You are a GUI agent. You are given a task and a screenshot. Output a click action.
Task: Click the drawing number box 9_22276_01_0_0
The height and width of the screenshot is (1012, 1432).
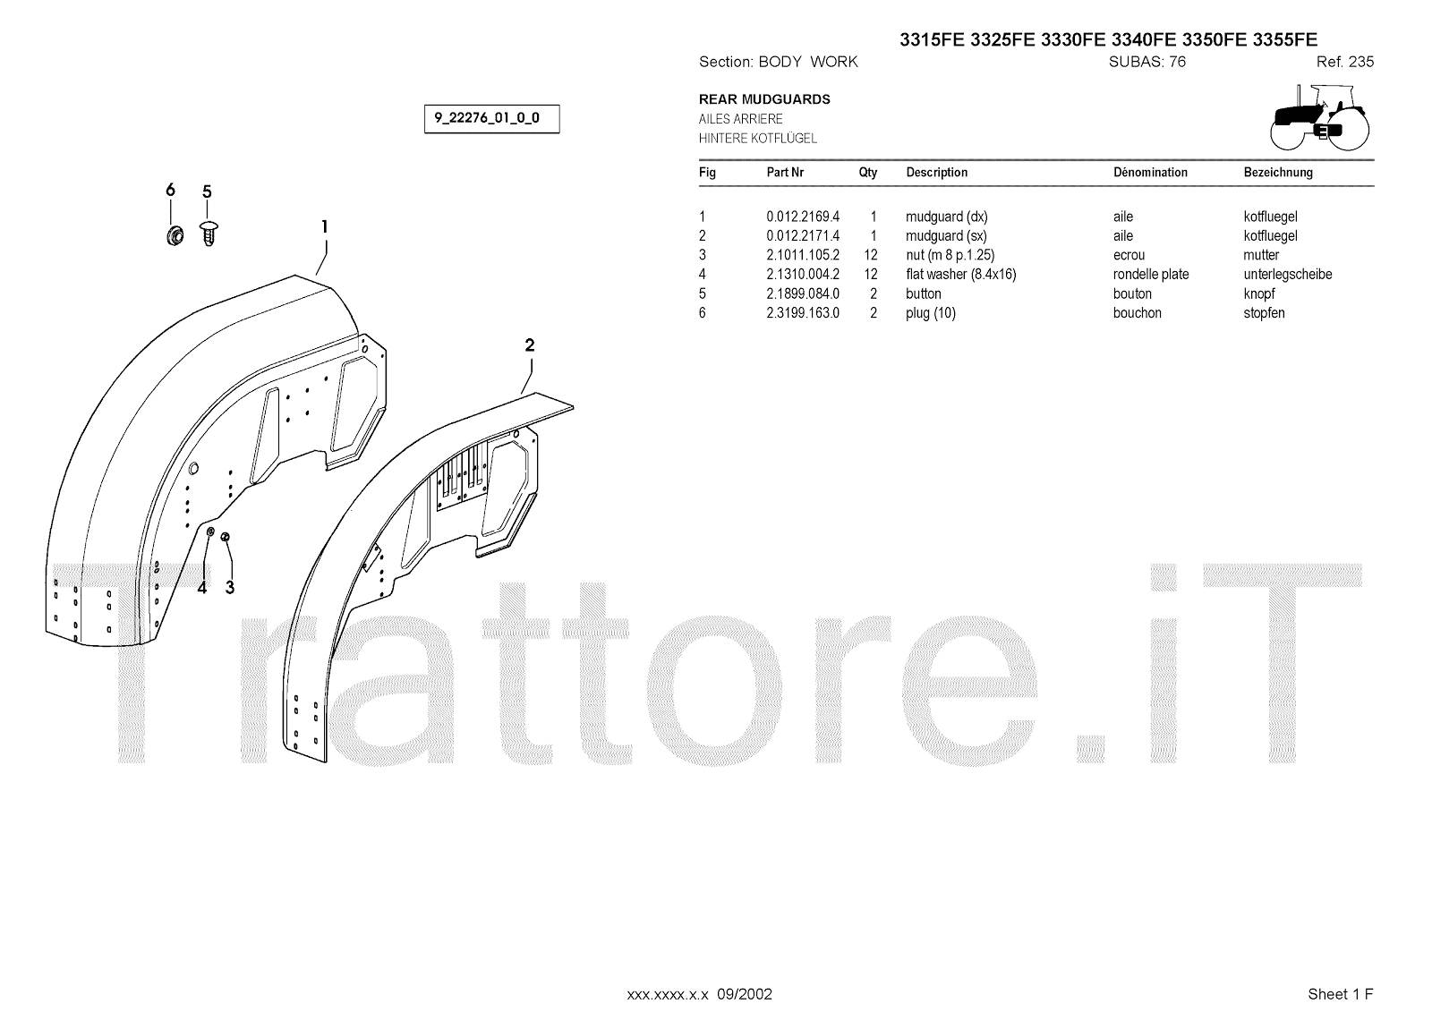pos(491,119)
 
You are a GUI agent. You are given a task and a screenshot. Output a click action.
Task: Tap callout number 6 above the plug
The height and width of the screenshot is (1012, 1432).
pos(170,190)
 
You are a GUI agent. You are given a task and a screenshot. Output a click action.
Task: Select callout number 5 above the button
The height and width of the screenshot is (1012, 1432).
pos(207,191)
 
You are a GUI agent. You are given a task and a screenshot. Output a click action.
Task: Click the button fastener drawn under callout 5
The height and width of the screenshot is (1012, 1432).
pos(209,233)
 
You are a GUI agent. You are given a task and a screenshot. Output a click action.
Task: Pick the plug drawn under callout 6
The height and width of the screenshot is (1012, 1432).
pos(174,235)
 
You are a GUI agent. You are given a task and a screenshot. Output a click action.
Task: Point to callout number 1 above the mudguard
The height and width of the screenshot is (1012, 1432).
pos(325,226)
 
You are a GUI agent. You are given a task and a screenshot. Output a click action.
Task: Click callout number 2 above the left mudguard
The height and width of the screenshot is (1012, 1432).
pos(530,345)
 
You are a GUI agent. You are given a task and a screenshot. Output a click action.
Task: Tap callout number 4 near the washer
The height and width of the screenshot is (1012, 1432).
pos(202,587)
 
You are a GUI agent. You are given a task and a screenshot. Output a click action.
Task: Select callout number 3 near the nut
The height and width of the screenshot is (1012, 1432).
pos(230,587)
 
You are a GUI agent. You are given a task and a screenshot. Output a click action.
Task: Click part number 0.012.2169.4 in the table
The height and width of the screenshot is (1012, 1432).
pos(803,217)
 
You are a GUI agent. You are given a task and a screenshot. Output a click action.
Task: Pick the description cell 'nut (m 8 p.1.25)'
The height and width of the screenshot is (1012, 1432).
pos(950,255)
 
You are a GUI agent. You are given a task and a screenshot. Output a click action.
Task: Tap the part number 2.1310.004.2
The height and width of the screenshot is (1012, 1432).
pos(803,275)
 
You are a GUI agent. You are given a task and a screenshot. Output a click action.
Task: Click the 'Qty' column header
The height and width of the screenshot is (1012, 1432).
pos(868,173)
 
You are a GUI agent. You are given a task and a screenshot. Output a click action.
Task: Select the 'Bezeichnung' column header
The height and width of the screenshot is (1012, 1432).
pos(1278,173)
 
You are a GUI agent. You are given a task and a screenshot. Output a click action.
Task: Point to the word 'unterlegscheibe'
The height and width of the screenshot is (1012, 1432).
pos(1287,275)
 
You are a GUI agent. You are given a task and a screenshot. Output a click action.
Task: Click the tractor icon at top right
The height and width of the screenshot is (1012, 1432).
pos(1319,116)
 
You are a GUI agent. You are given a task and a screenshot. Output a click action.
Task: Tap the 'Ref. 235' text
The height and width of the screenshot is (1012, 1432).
pos(1344,62)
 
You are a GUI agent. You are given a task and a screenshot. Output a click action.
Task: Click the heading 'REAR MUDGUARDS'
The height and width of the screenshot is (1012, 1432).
pos(764,99)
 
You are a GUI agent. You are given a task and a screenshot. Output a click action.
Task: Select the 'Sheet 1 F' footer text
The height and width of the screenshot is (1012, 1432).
pos(1340,994)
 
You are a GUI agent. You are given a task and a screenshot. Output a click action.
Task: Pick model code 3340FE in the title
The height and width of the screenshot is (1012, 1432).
pos(1143,39)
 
